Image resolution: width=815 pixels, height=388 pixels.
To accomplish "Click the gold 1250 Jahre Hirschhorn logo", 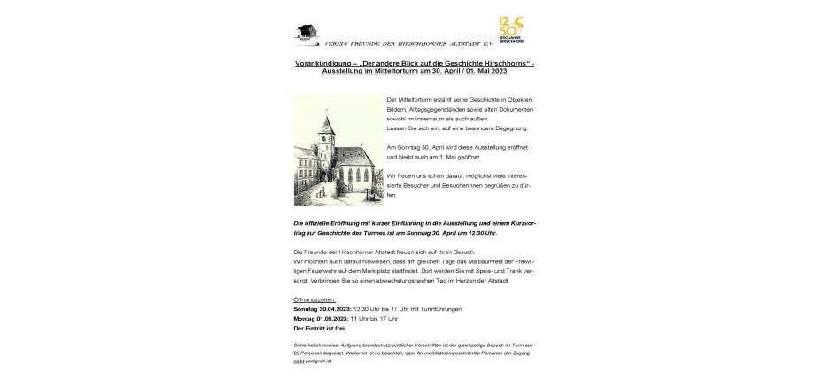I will (x=512, y=28).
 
